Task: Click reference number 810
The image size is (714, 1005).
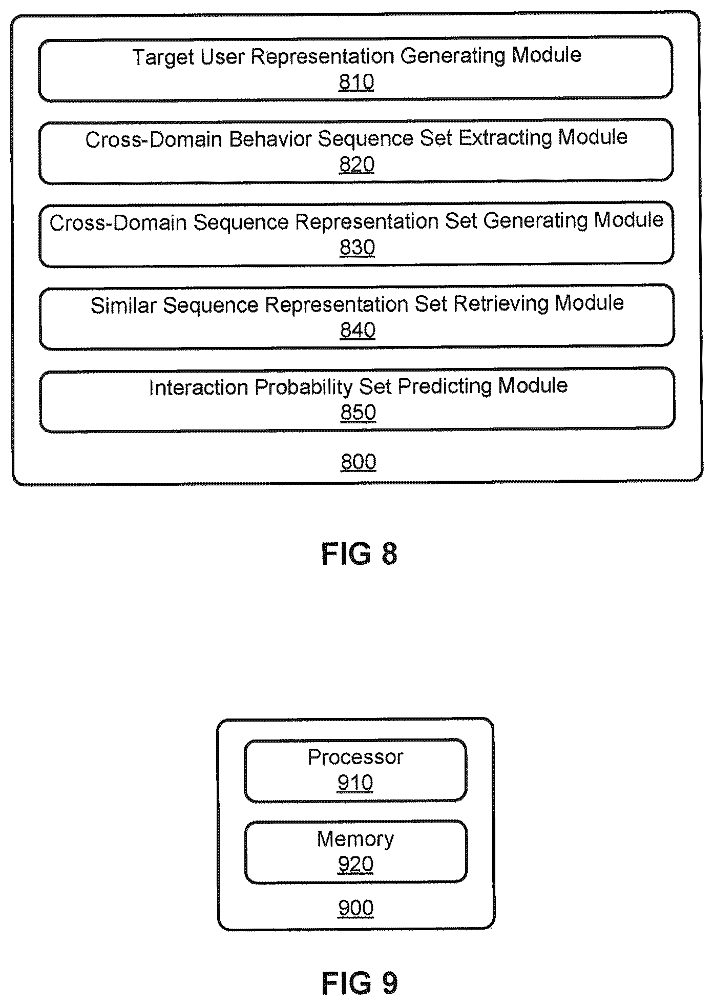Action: tap(356, 82)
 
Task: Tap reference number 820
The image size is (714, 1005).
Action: tap(357, 165)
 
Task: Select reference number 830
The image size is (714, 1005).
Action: tap(358, 248)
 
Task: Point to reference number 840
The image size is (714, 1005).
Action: tap(358, 330)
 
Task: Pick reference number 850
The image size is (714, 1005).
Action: tap(359, 413)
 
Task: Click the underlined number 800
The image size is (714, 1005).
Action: tap(359, 462)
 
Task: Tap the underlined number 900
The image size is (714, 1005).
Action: tap(356, 908)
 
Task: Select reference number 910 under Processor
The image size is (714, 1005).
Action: tap(355, 783)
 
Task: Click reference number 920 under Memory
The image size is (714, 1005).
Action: tap(355, 865)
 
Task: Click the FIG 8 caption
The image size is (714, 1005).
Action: tap(360, 554)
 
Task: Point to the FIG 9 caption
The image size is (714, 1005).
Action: tap(360, 983)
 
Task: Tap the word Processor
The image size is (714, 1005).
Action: tap(355, 757)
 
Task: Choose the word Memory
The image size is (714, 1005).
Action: tap(355, 839)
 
